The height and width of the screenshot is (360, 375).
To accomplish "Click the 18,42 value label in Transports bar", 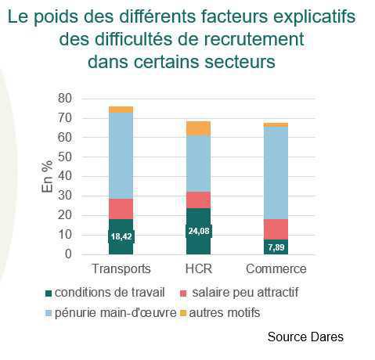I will (x=121, y=236).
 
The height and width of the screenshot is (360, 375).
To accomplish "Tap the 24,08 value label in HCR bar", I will (x=198, y=231).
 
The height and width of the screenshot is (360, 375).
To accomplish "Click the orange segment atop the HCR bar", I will (x=198, y=128).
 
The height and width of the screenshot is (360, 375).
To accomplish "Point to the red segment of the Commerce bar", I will (x=276, y=229).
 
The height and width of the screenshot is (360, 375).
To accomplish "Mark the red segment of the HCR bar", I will (x=198, y=200).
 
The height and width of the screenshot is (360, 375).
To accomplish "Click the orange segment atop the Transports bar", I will (x=121, y=110).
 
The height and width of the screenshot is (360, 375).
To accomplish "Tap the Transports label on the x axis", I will (x=121, y=269).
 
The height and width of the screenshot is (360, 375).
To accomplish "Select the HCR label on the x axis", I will (x=198, y=269).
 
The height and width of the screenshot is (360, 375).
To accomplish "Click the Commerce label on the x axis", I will (x=276, y=269).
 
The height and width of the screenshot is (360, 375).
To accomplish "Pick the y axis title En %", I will (x=48, y=177).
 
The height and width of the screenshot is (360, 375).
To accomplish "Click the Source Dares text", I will (x=305, y=337).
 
